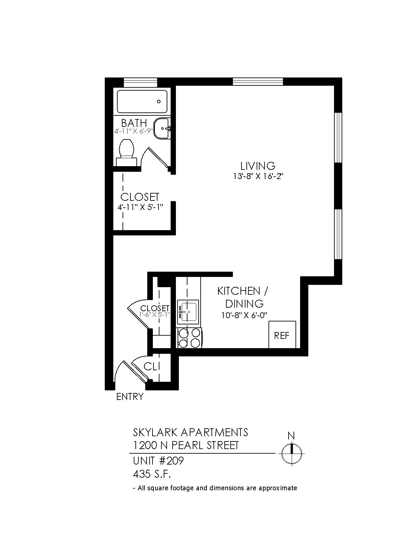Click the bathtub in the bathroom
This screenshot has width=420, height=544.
click(142, 102)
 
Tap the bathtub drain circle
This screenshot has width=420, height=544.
click(158, 102)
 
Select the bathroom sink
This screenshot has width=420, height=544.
click(162, 128)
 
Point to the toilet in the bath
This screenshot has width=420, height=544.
click(127, 152)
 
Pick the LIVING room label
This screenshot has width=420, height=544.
click(258, 166)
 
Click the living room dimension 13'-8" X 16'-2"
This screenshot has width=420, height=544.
click(258, 176)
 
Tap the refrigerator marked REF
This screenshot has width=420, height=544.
click(282, 334)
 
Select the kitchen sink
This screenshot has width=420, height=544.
click(188, 312)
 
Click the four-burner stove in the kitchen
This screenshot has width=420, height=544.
click(189, 338)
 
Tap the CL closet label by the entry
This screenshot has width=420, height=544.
click(152, 367)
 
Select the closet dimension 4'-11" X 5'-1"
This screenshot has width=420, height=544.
click(140, 207)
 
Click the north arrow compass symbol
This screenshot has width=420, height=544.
click(292, 453)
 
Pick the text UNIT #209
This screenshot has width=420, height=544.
click(158, 461)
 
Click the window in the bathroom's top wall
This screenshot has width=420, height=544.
click(141, 82)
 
